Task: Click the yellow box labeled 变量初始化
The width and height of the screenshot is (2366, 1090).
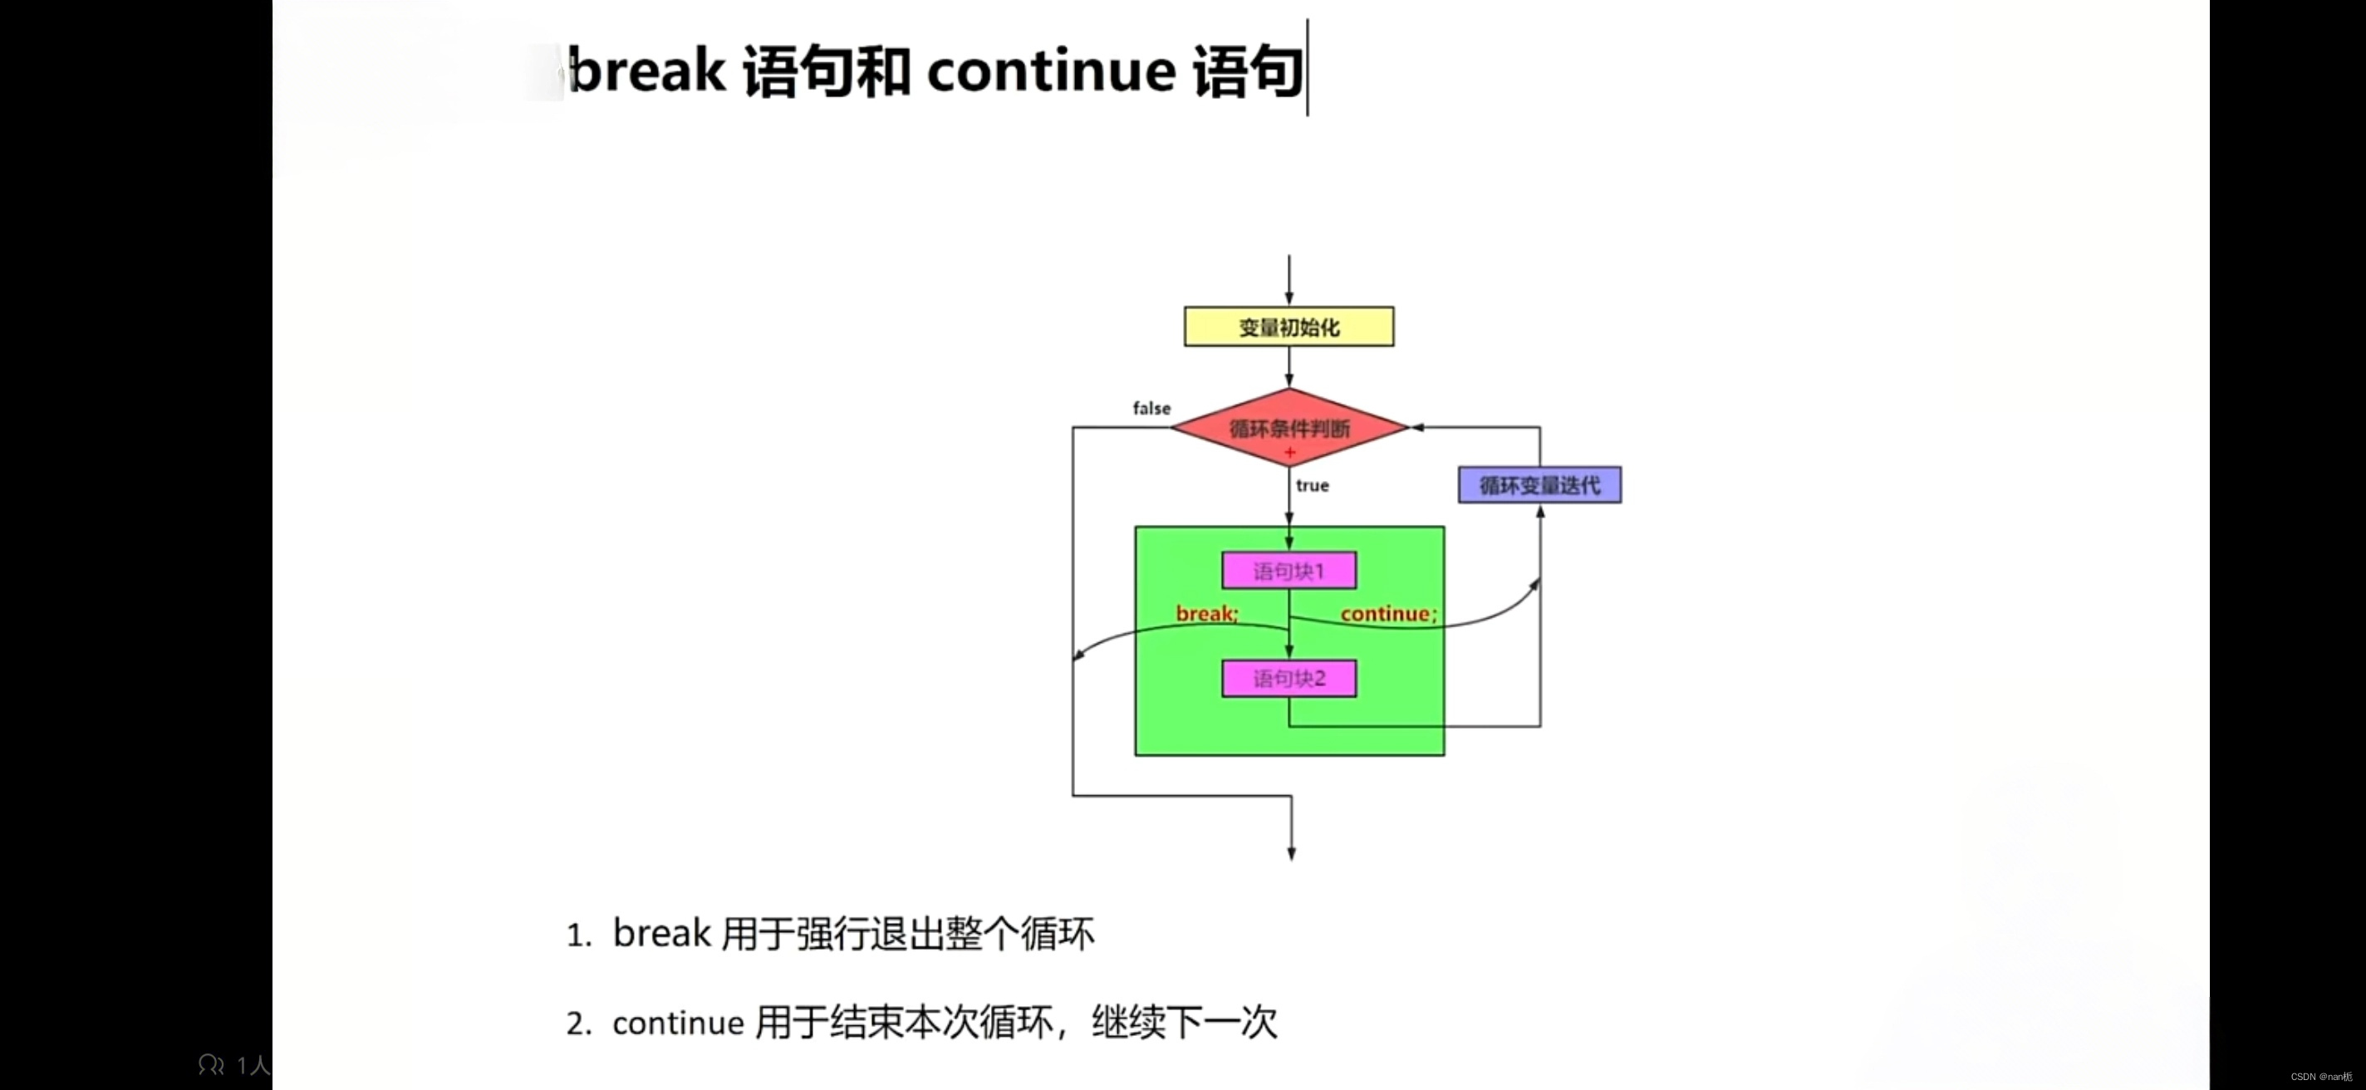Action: [x=1289, y=327]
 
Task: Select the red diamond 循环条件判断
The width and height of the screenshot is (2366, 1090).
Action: [x=1289, y=428]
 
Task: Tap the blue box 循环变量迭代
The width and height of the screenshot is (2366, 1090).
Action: [x=1539, y=485]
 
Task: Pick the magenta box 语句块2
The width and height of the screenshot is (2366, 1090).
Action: [x=1289, y=679]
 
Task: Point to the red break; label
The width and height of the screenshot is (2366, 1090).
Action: [x=1207, y=613]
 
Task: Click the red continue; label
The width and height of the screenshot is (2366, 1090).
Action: [x=1388, y=613]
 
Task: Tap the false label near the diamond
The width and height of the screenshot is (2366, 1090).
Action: [x=1151, y=408]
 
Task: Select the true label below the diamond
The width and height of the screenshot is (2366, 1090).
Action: [x=1312, y=485]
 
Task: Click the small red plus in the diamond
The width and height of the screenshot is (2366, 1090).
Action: [x=1289, y=452]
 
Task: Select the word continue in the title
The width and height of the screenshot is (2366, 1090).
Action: [x=1051, y=71]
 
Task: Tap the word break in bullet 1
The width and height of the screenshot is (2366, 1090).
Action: [x=661, y=933]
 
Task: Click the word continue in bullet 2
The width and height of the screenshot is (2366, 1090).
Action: [x=678, y=1022]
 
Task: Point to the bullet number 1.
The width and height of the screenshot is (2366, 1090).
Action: [x=577, y=935]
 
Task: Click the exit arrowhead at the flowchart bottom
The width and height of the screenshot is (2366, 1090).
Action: [x=1291, y=854]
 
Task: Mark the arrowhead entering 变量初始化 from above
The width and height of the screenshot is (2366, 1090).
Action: [x=1289, y=297]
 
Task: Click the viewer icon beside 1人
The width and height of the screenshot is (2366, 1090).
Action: [x=210, y=1065]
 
